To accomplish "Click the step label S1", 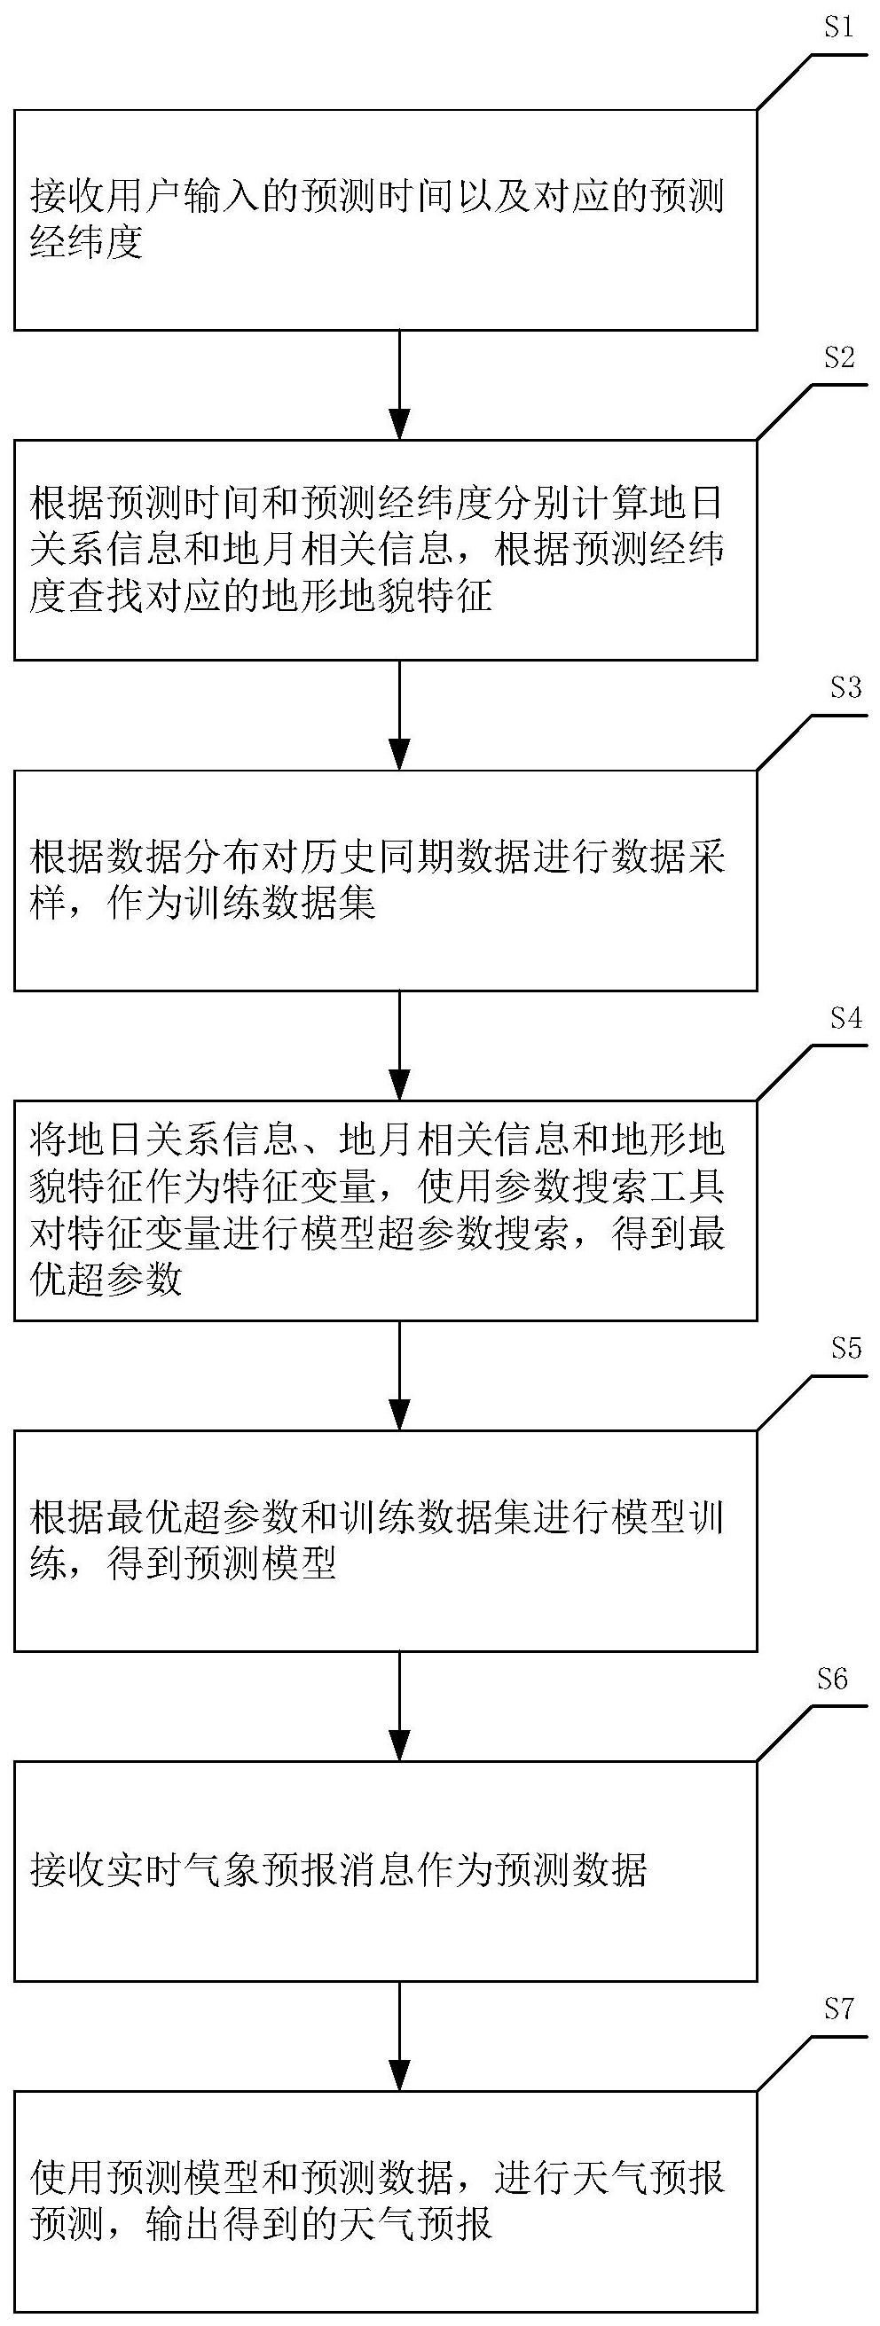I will click(838, 28).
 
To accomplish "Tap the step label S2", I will click(838, 358).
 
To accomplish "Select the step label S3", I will click(845, 689).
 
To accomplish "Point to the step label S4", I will click(845, 1019).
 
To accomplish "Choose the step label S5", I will click(845, 1348).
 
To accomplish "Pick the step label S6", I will click(832, 1679).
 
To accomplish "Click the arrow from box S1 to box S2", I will click(398, 385).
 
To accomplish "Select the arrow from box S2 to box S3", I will click(398, 715).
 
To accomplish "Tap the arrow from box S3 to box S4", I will click(398, 1045).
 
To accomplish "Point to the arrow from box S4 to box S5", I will click(398, 1375).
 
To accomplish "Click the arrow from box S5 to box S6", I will click(398, 1705).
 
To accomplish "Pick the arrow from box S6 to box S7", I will click(398, 2036).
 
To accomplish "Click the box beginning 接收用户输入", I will click(385, 219).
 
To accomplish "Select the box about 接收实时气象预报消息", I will click(385, 1871).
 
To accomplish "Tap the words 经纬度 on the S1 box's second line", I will click(88, 244).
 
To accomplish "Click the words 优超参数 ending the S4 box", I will click(106, 1280).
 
